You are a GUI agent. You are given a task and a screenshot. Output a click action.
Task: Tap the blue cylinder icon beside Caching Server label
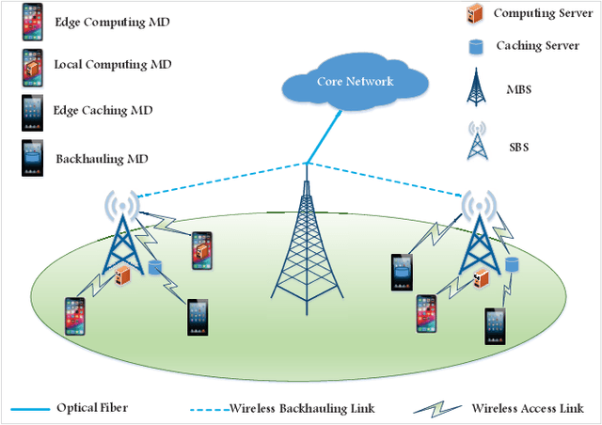click(x=476, y=44)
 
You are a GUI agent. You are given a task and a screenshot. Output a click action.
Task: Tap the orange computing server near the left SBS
click(x=123, y=274)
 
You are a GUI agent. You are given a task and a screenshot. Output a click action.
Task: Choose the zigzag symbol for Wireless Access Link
click(x=438, y=409)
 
